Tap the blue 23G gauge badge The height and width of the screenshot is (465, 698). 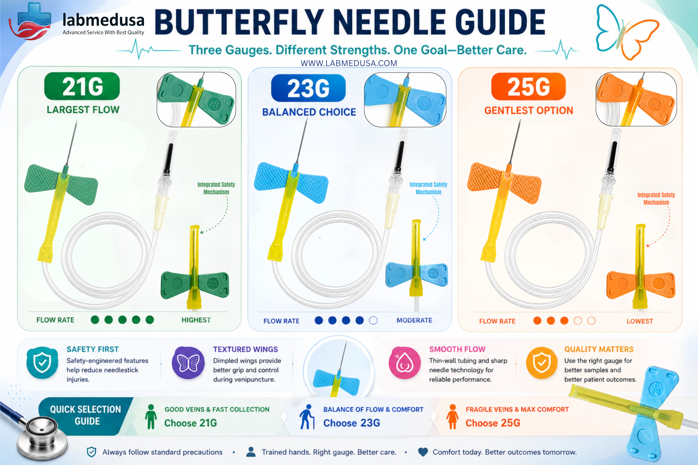tap(308, 88)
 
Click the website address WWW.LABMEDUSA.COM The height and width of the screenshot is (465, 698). tap(349, 63)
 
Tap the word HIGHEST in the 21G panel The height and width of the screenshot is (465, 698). tap(196, 320)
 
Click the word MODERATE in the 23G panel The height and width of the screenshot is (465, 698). tap(414, 320)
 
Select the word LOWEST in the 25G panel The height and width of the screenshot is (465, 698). tap(640, 321)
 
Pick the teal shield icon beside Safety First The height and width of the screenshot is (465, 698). tap(42, 363)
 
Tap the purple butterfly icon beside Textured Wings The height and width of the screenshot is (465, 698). tap(188, 363)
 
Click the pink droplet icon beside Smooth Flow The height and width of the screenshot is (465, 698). tap(405, 363)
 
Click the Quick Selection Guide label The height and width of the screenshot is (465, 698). tap(86, 415)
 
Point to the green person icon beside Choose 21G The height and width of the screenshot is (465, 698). tap(151, 417)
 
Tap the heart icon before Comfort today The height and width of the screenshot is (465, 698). tap(423, 452)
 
